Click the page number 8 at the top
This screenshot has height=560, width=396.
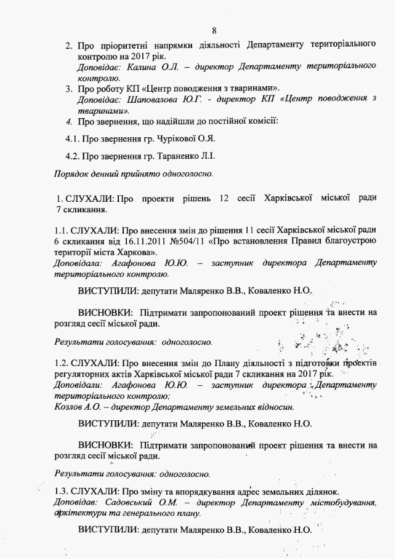[x=214, y=30]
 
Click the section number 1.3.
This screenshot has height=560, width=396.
[x=62, y=490]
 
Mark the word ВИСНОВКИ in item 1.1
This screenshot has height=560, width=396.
[x=105, y=312]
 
